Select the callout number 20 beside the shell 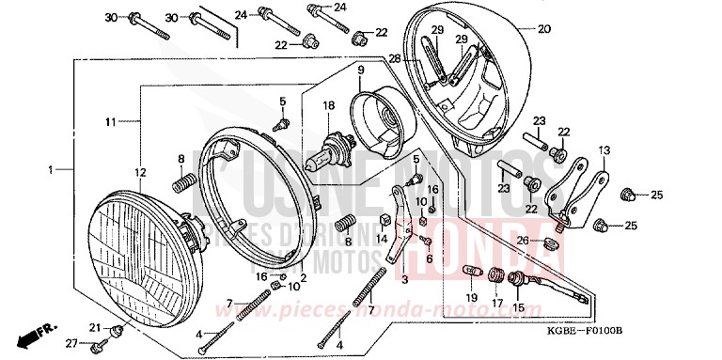543,28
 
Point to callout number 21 95,326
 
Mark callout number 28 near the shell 395,58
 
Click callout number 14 382,240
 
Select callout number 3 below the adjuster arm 404,279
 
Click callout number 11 109,122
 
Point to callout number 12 140,172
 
